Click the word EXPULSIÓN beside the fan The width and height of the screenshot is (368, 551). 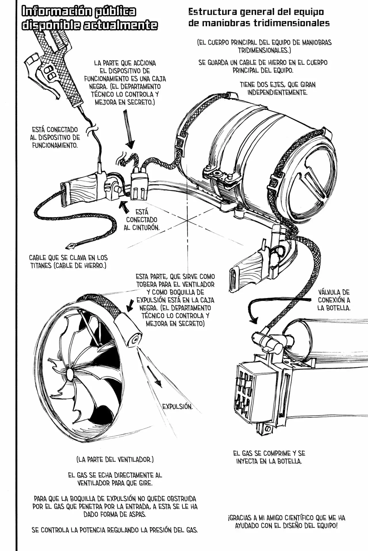coord(177,407)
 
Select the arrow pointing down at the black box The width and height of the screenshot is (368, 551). coord(129,129)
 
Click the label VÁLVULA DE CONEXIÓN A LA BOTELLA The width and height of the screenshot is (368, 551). coord(334,300)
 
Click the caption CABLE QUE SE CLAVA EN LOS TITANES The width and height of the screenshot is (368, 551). coord(68,262)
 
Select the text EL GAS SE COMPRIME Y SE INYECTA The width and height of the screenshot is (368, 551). coord(269,457)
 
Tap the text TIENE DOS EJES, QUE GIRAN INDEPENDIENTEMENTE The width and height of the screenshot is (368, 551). coord(277,89)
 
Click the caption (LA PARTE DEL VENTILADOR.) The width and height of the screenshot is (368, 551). coord(115,460)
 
